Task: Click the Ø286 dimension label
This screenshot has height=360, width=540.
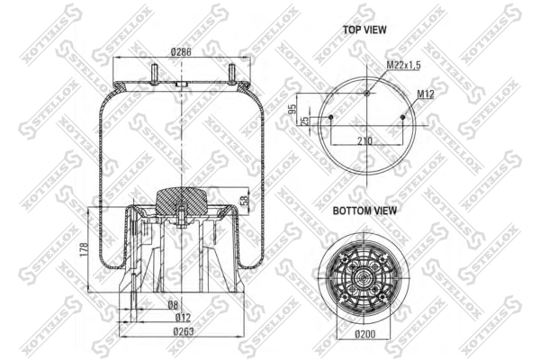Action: [182, 52]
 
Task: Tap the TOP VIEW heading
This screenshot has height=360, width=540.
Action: [364, 30]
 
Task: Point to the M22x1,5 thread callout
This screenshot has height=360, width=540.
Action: [403, 65]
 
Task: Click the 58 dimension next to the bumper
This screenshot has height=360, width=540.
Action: [243, 199]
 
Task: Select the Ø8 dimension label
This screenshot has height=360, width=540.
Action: [173, 304]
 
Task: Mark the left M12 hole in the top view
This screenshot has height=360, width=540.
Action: [331, 118]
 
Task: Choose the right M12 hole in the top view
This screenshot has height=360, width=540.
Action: [400, 118]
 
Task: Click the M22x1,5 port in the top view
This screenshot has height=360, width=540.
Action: [365, 93]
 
